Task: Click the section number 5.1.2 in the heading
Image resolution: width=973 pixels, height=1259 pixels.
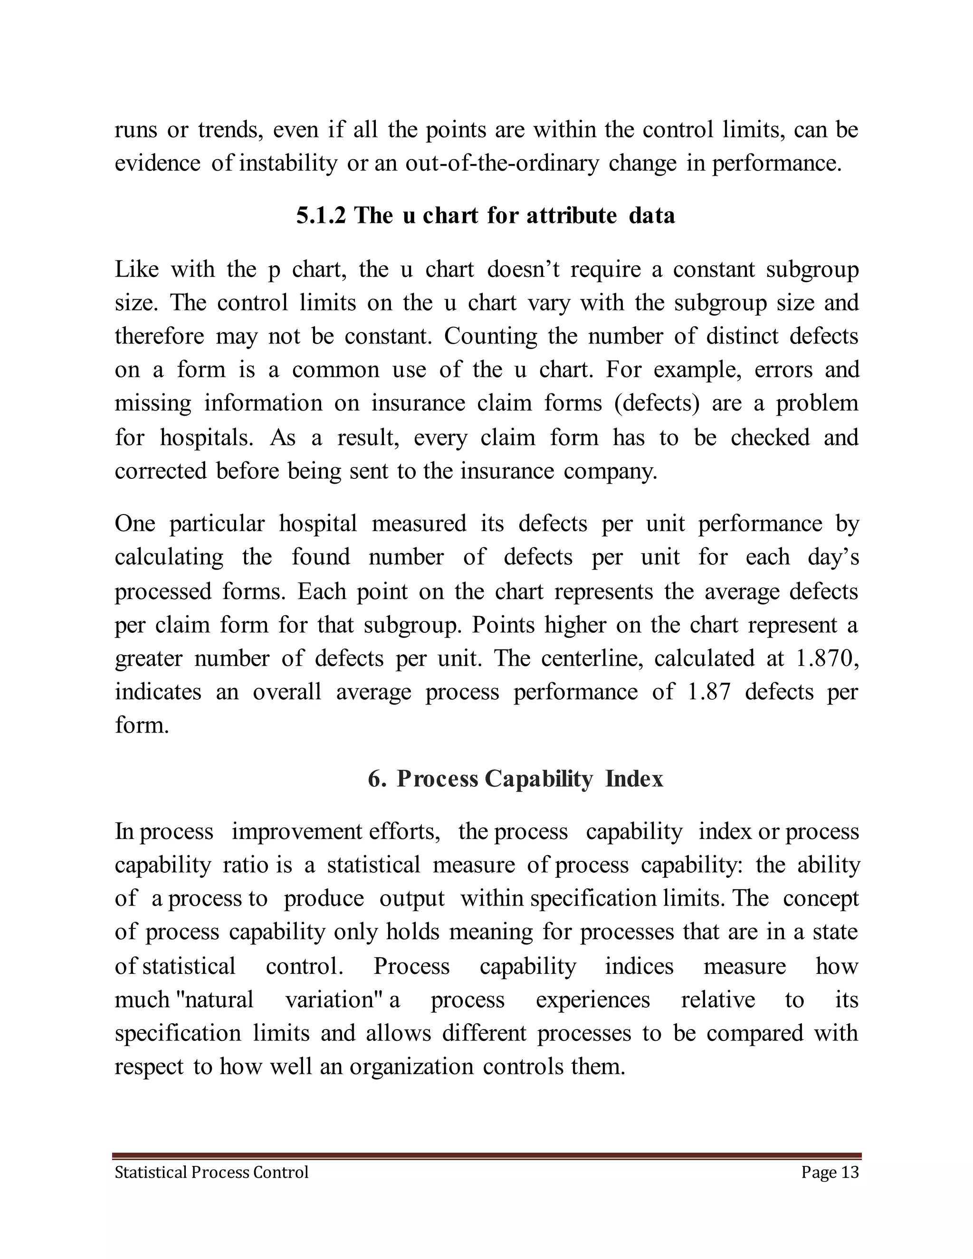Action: (321, 216)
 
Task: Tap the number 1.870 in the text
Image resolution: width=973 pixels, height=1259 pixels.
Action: (823, 658)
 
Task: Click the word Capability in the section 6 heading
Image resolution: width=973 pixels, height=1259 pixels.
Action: (538, 779)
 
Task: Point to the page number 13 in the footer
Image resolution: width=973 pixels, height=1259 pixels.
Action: (849, 1172)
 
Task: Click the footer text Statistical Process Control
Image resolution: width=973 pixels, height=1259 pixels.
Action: (211, 1172)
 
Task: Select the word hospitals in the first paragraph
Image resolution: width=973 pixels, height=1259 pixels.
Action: (206, 438)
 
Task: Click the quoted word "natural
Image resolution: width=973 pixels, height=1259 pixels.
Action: (213, 1000)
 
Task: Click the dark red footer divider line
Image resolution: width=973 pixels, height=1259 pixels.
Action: (486, 1155)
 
